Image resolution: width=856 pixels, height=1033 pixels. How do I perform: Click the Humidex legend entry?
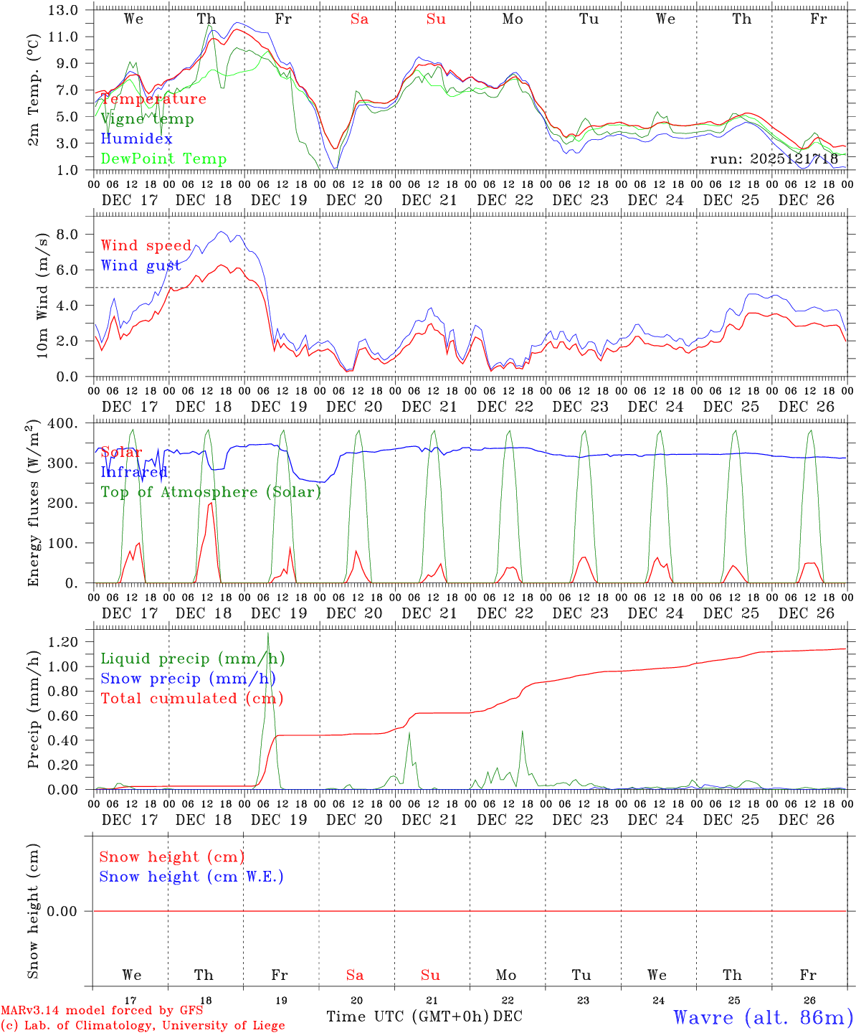[x=136, y=138]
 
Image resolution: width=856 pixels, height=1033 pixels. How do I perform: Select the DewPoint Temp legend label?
[x=163, y=159]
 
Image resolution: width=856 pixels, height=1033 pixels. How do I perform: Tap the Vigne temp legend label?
[x=147, y=118]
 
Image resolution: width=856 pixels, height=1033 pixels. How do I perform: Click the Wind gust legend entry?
[x=141, y=265]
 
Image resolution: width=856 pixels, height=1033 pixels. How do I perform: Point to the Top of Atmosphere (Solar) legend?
[x=211, y=492]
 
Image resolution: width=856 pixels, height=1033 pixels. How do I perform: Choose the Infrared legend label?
[x=133, y=472]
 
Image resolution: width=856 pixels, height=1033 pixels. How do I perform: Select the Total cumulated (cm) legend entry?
[x=191, y=698]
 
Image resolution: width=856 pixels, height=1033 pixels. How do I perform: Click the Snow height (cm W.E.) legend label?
[x=191, y=877]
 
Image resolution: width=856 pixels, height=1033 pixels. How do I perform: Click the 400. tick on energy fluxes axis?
[x=62, y=423]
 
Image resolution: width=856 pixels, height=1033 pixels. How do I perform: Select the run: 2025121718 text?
[x=774, y=159]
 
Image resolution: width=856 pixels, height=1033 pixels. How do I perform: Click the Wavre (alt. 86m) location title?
[x=764, y=1017]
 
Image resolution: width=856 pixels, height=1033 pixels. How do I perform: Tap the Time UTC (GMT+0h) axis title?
[x=407, y=1017]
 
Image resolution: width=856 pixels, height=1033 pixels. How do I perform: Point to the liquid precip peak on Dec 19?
[x=268, y=633]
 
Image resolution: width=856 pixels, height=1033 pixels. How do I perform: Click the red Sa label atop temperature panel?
[x=359, y=19]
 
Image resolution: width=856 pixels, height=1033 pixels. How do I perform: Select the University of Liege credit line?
[x=143, y=1025]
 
